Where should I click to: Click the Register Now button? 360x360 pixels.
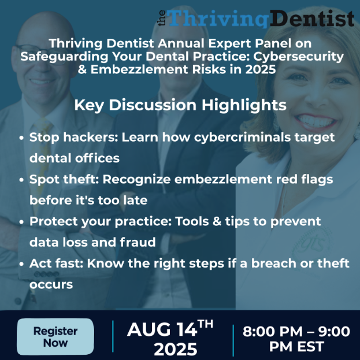coord(55,337)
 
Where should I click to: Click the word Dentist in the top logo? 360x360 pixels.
coord(311,18)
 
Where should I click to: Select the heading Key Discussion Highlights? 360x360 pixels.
coord(180,105)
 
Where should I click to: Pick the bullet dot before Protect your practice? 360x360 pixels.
coord(22,222)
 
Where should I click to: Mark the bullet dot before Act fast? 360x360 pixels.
coord(22,264)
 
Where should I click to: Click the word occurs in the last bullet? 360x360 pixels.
coord(51,284)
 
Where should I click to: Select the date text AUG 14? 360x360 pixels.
coord(162,330)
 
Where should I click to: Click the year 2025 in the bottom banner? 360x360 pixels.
coord(175,349)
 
